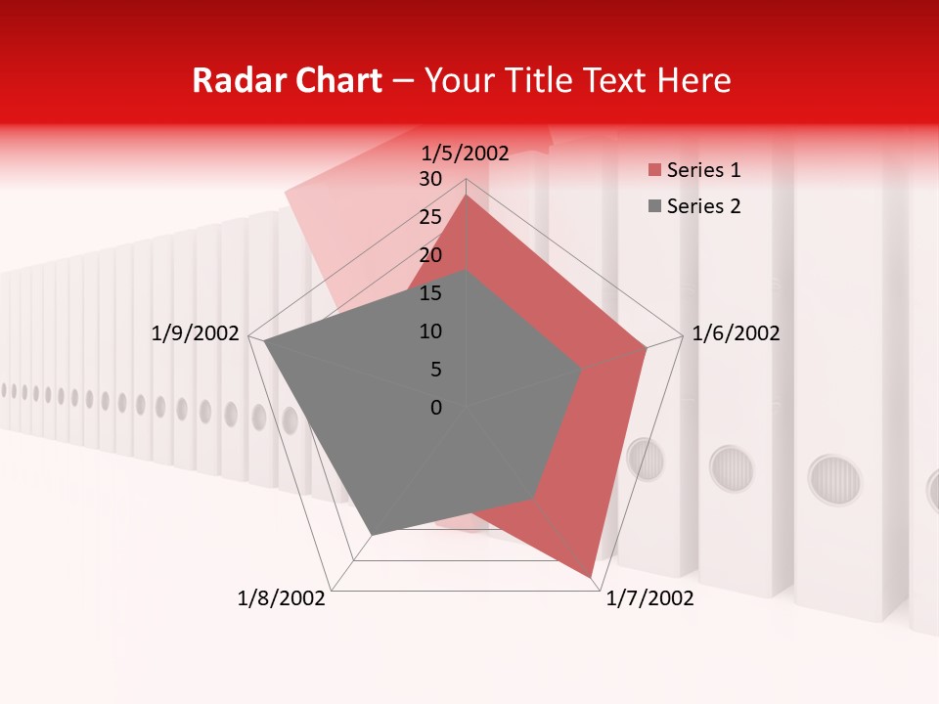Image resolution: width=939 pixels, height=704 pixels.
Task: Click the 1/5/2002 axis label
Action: pyautogui.click(x=466, y=154)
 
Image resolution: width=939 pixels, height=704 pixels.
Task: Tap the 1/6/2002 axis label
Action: pyautogui.click(x=736, y=333)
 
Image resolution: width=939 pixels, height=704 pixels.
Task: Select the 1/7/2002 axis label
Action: pyautogui.click(x=649, y=598)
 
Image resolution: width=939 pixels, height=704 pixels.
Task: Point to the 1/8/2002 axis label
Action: pyautogui.click(x=282, y=598)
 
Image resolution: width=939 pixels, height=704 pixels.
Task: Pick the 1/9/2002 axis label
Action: pyautogui.click(x=196, y=333)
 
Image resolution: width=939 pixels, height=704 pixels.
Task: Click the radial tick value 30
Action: pyautogui.click(x=430, y=179)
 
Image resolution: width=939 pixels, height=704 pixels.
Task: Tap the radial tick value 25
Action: pyautogui.click(x=430, y=217)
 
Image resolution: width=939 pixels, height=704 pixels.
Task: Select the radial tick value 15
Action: pyautogui.click(x=430, y=293)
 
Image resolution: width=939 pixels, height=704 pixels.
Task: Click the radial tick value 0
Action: pyautogui.click(x=436, y=408)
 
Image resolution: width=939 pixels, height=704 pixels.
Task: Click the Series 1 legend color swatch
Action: pyautogui.click(x=654, y=171)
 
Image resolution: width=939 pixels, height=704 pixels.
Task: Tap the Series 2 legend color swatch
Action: pyautogui.click(x=654, y=206)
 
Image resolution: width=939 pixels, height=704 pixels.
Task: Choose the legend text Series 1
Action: pyautogui.click(x=703, y=170)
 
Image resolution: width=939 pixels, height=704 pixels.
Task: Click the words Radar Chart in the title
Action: pyautogui.click(x=287, y=80)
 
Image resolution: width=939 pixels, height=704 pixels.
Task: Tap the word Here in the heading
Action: pyautogui.click(x=693, y=80)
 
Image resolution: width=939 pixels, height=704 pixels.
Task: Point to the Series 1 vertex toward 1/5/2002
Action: pyautogui.click(x=466, y=196)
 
